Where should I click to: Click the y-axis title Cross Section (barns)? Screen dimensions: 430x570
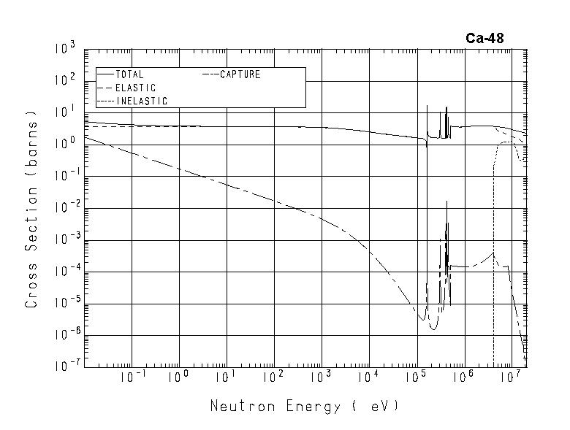pyautogui.click(x=31, y=209)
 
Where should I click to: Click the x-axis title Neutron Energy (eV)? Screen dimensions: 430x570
pyautogui.click(x=305, y=406)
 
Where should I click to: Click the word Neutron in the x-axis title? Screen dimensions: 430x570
pyautogui.click(x=239, y=406)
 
